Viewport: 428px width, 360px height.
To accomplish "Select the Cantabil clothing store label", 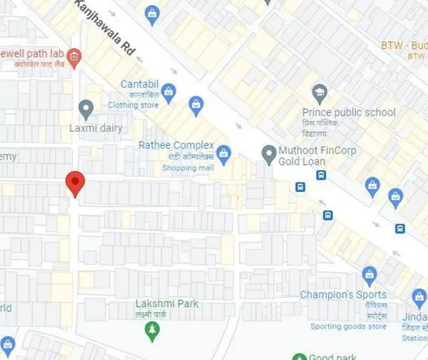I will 140,84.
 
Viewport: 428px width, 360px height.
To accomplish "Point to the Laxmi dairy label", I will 96,128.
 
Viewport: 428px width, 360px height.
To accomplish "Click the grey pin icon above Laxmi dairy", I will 86,108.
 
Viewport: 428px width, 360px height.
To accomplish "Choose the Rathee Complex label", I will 176,145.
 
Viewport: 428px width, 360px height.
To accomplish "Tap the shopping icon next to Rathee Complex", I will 223,153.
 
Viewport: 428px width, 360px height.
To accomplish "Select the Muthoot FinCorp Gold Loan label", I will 302,156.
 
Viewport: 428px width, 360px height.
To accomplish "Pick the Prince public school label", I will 348,112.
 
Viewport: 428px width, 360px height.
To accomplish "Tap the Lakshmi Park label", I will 167,304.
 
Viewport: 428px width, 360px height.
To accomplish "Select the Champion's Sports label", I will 342,294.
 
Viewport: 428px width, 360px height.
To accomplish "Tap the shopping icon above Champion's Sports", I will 368,274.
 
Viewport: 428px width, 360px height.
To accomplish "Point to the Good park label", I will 332,357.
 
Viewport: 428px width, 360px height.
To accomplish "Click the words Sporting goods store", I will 348,327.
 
